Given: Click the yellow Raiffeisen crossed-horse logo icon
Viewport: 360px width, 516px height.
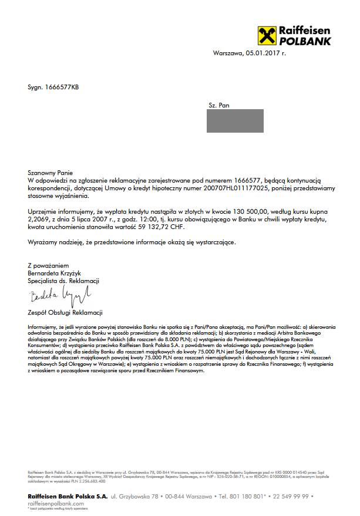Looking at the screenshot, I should click(x=266, y=35).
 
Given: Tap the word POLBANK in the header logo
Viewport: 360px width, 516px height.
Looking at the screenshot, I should click(x=305, y=41).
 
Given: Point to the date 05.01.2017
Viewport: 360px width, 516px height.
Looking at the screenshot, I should click(x=262, y=53).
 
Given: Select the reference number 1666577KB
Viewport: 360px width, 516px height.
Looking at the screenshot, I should click(x=62, y=87).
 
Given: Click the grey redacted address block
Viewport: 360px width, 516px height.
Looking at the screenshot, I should click(x=235, y=121).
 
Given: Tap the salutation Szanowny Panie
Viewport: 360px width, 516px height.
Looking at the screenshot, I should click(x=50, y=173).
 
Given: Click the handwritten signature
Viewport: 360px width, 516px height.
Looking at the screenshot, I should click(x=59, y=293).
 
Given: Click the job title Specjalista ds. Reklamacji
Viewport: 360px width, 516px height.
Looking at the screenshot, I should click(x=64, y=280).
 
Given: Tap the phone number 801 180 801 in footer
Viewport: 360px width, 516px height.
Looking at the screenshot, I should click(x=247, y=497).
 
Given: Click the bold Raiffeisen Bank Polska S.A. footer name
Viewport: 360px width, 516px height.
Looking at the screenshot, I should click(x=68, y=497).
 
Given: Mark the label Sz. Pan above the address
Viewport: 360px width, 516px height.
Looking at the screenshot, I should click(x=218, y=106).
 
